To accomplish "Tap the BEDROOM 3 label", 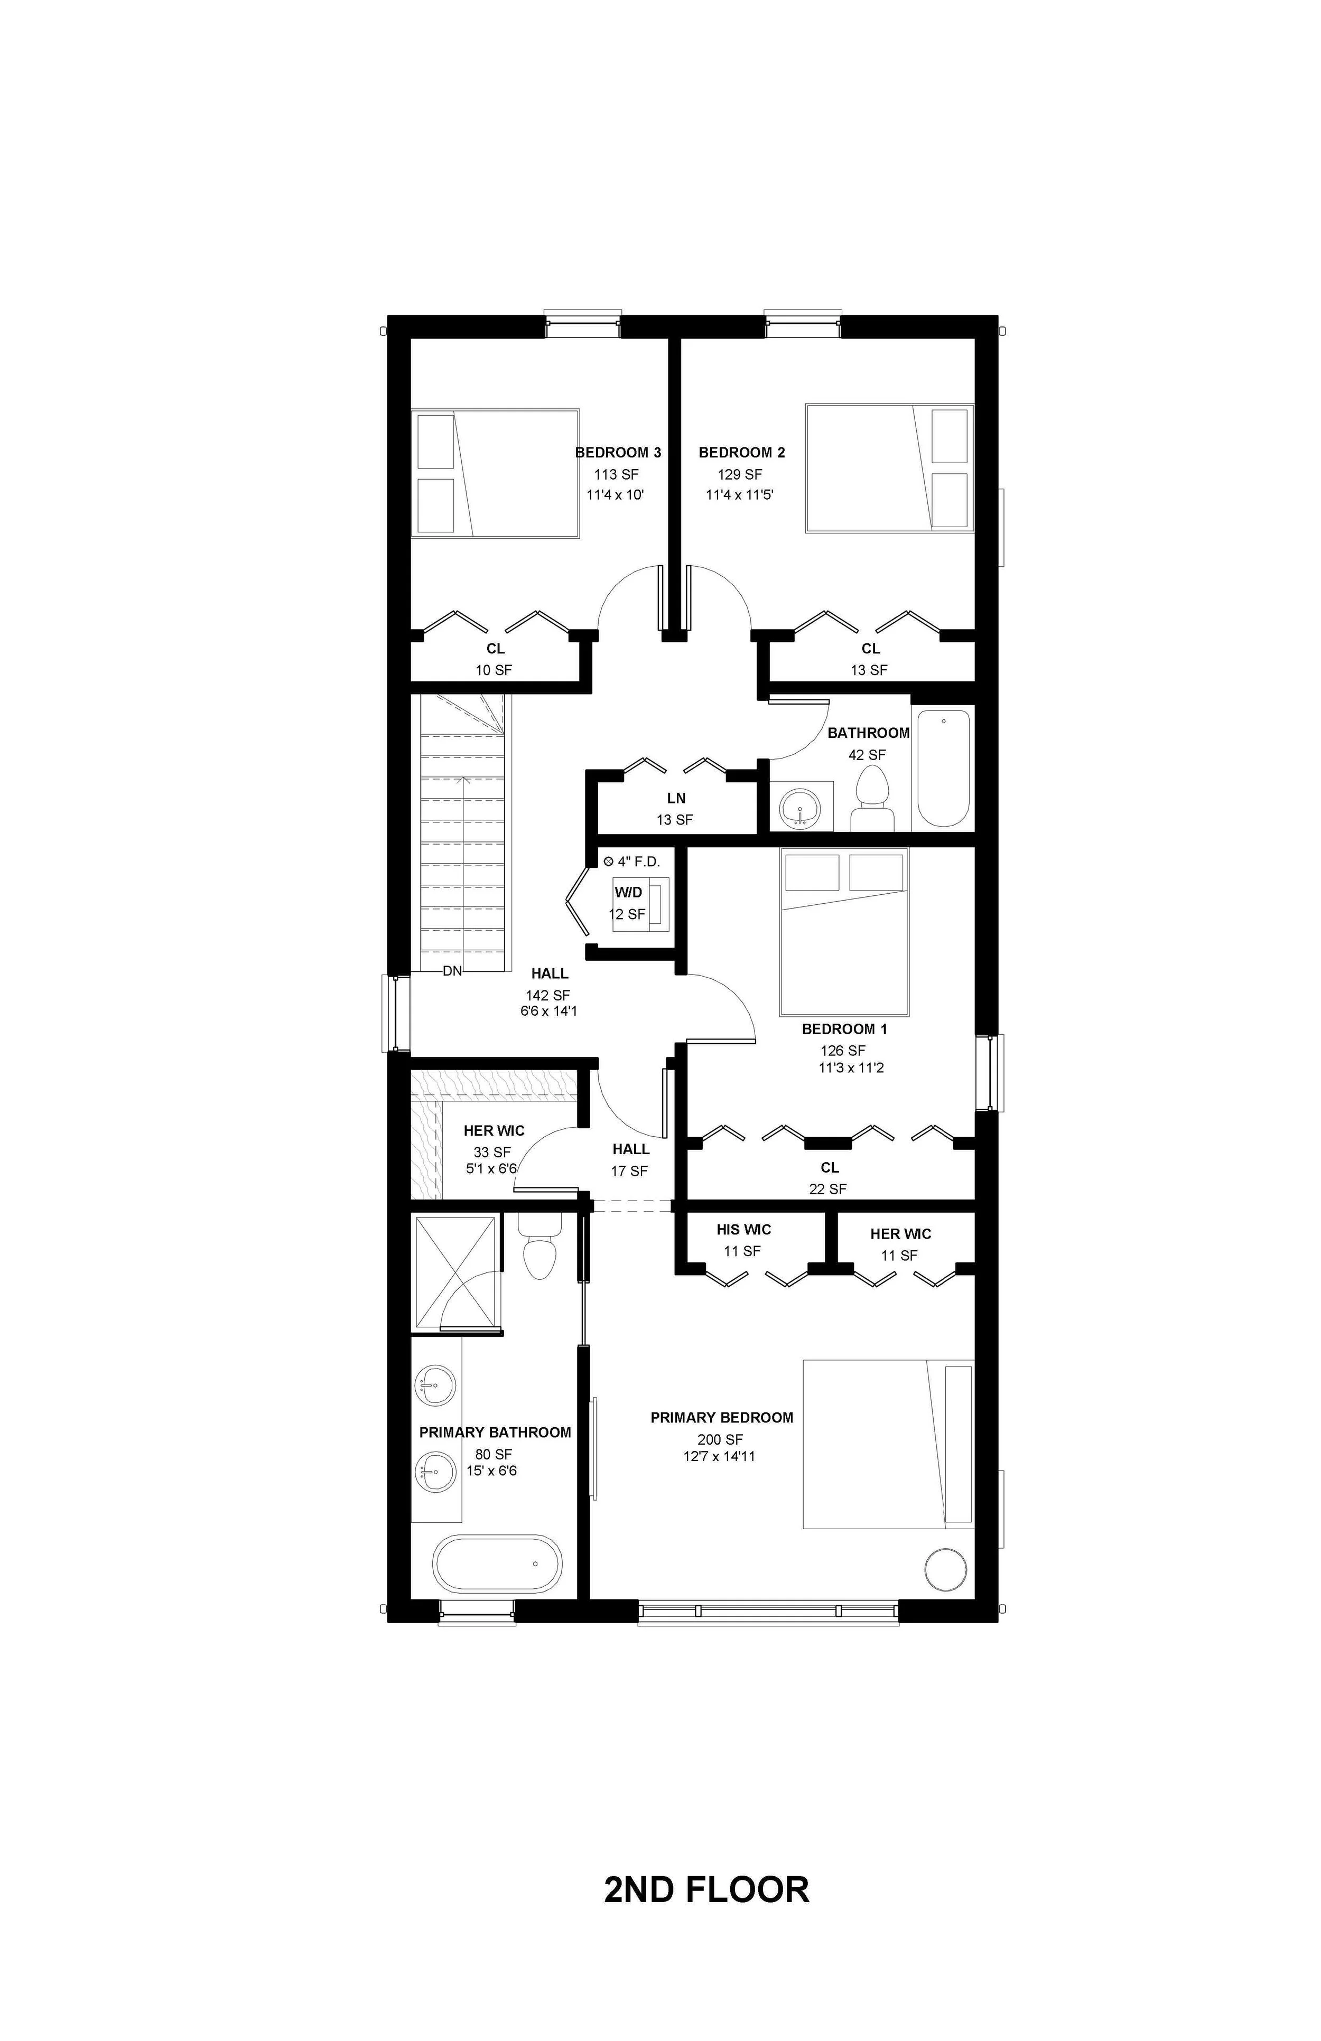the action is tap(618, 453).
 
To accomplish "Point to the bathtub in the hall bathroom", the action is tap(943, 766).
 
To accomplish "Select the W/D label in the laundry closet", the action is tap(628, 893).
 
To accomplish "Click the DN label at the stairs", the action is tap(452, 971).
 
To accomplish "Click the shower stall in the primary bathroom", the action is tap(454, 1272).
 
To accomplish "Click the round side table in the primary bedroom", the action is tap(947, 1568).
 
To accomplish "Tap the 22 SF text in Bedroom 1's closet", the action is tap(828, 1188).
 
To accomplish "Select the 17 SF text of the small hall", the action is tap(630, 1171).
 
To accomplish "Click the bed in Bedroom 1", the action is tap(844, 931).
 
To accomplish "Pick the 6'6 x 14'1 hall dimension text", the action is tap(549, 1011).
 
